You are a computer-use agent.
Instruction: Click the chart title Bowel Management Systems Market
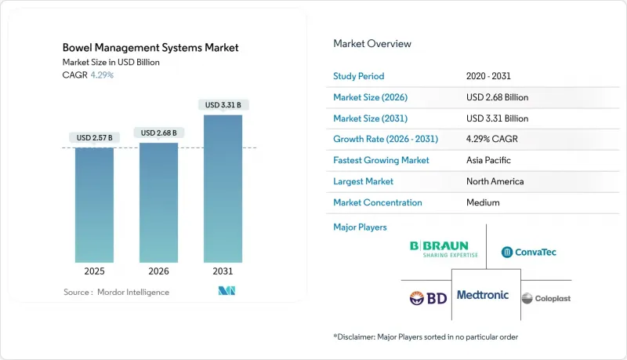[x=150, y=48]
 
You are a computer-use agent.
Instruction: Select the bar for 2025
[x=94, y=205]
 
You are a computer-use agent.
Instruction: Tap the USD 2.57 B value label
[x=94, y=138]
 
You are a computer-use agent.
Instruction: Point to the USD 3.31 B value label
[x=223, y=105]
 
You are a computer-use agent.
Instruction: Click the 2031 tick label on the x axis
[x=223, y=271]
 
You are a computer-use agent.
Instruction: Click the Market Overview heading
[x=371, y=43]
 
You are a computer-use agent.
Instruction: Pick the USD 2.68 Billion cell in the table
[x=497, y=97]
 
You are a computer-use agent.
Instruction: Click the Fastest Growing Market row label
[x=382, y=160]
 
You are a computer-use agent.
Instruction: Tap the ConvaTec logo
[x=529, y=252]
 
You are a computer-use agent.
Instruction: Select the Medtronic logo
[x=482, y=295]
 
